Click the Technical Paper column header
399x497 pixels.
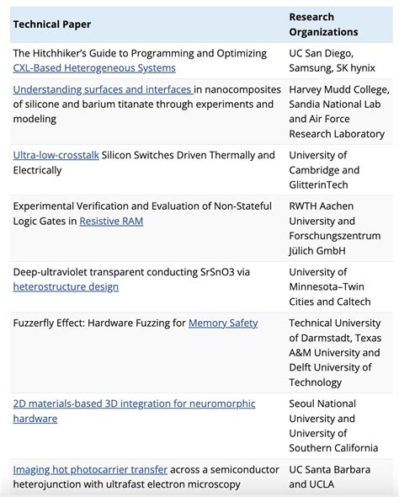pos(52,24)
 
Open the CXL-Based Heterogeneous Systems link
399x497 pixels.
pos(94,68)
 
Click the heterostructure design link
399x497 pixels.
pos(66,287)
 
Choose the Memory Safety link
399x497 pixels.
pos(223,323)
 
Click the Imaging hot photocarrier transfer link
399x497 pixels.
pos(90,469)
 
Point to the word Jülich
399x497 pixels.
pos(306,251)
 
